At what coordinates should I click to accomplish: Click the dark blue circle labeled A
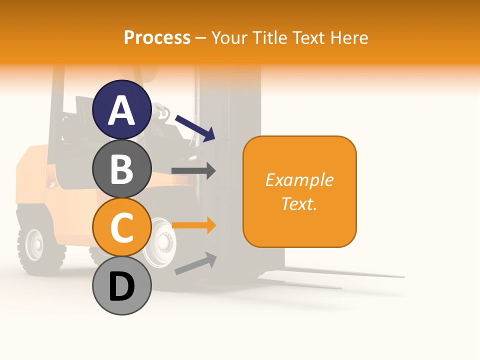pos(122,109)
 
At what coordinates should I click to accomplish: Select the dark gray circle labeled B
pos(122,168)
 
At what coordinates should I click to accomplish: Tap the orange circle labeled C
pos(122,227)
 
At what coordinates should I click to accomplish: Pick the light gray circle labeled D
pos(122,286)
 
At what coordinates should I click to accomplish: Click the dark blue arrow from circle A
pos(195,127)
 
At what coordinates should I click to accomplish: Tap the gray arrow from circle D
pos(195,263)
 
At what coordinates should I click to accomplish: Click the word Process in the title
pos(157,38)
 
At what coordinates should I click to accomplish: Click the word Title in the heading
pos(270,38)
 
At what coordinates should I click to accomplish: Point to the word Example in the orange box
pos(299,180)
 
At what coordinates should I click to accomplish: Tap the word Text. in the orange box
pos(299,203)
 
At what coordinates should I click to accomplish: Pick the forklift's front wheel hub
pos(162,242)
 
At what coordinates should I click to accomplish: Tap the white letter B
pos(122,169)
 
